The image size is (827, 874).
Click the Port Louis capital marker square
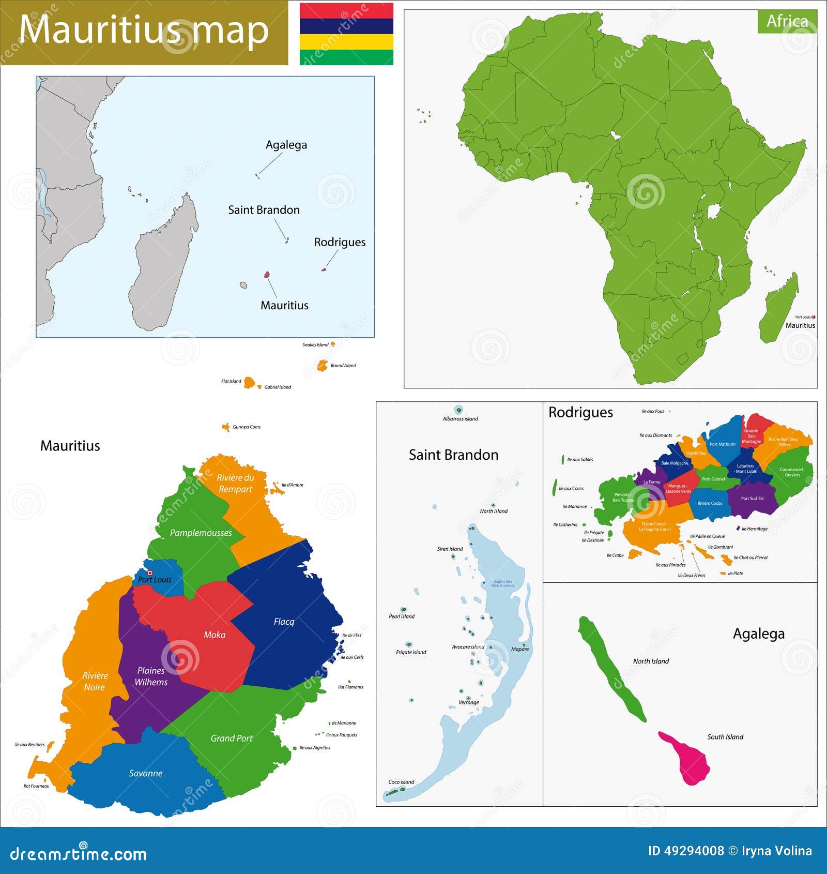(150, 572)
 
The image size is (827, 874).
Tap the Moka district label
(214, 635)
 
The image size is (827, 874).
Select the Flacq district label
(284, 621)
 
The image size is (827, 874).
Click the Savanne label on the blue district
(146, 773)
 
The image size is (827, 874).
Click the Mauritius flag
(346, 34)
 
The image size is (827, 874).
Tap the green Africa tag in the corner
(787, 21)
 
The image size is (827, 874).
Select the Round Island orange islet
(323, 365)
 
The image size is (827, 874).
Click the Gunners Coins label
(247, 427)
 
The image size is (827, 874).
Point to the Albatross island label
(460, 419)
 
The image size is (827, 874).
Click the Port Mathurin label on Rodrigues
(722, 444)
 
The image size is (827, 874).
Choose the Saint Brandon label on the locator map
(264, 210)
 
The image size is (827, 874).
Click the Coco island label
(401, 782)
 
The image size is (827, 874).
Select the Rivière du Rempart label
(235, 483)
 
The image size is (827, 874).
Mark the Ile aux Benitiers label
(30, 745)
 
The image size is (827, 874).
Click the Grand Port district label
(231, 739)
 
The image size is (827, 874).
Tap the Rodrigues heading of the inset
(580, 412)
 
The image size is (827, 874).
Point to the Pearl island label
(402, 616)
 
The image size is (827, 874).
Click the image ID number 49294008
(686, 851)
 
